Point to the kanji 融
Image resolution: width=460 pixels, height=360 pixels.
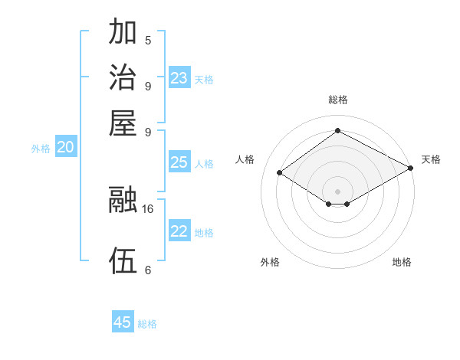[x=124, y=200]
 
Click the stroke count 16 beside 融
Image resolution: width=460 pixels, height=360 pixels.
[x=149, y=208]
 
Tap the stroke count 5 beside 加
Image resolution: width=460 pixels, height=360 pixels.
[x=148, y=41]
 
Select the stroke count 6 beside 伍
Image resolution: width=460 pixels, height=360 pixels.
[x=148, y=270]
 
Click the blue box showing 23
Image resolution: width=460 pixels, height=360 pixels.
[x=179, y=78]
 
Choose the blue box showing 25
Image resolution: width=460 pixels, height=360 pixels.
[x=179, y=162]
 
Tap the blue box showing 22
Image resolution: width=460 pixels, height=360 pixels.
[x=179, y=232]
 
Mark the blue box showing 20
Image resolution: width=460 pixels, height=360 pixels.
[x=66, y=148]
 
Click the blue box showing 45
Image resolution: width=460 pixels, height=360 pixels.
[x=123, y=322]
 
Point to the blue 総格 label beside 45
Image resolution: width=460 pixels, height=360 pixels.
[x=148, y=324]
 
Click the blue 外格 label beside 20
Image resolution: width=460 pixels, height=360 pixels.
[x=41, y=149]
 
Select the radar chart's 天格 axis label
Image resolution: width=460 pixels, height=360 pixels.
[x=431, y=159]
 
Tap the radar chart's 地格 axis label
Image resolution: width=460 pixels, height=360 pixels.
[x=402, y=262]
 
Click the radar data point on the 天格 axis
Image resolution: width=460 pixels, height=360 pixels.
[x=410, y=169]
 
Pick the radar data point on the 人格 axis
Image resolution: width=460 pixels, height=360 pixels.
[x=280, y=173]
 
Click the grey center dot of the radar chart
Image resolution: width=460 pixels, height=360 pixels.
[x=337, y=190]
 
